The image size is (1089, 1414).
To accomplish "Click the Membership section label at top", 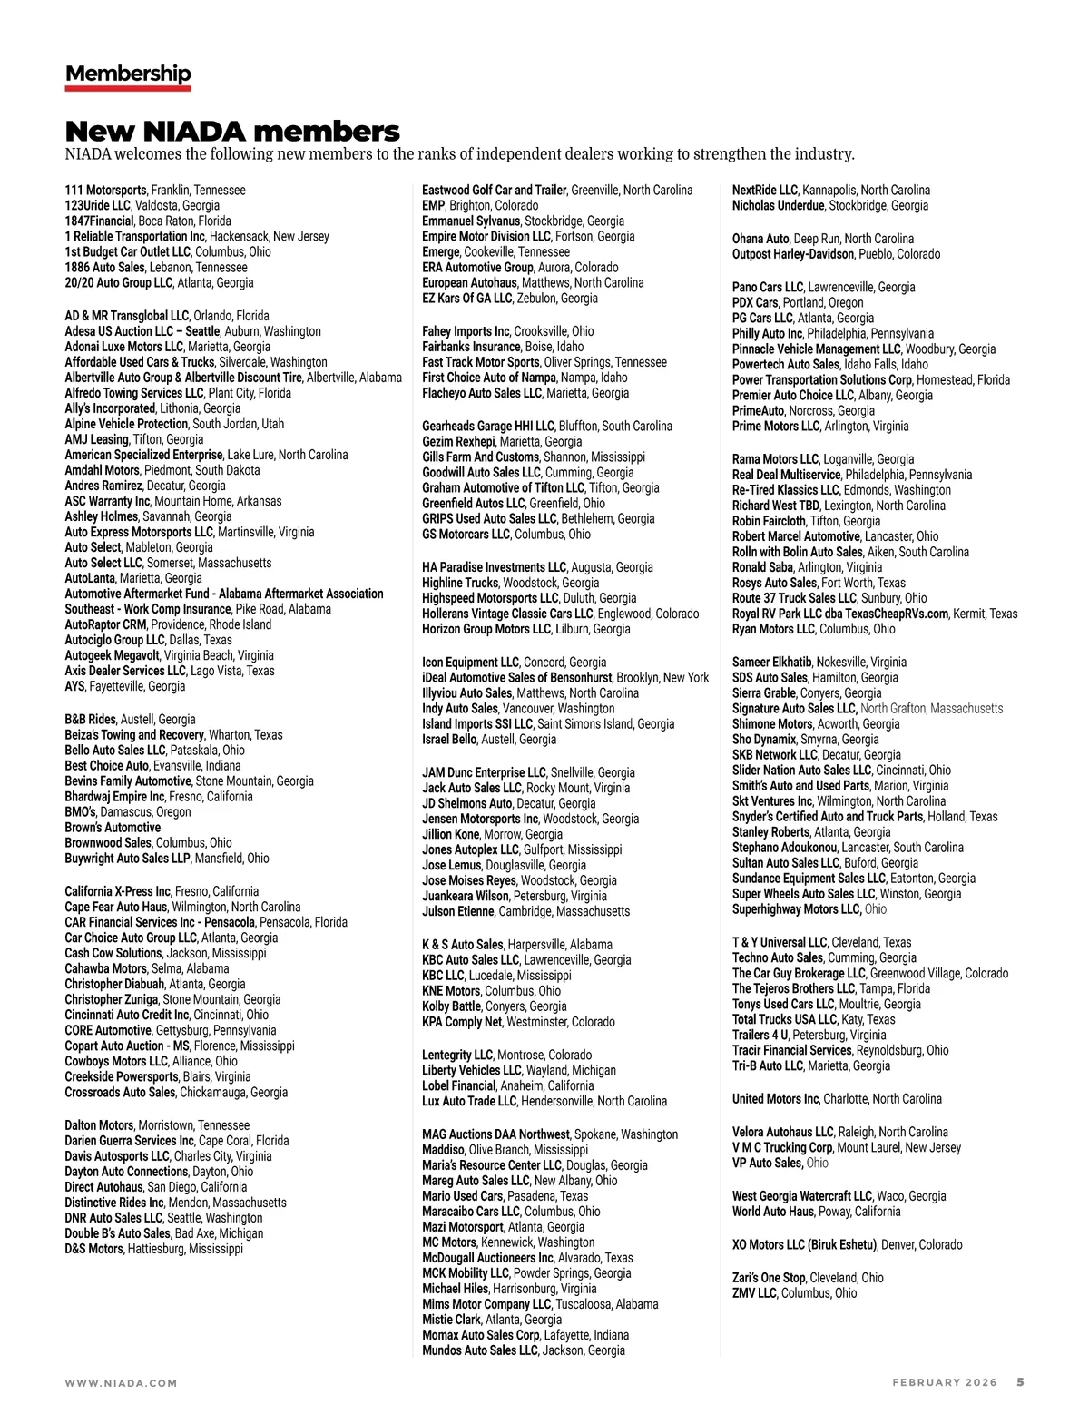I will click(128, 74).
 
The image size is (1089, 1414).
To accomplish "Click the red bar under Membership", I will click(128, 88).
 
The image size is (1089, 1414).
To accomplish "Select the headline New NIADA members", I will click(232, 131).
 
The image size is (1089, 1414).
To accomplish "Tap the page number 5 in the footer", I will click(1020, 1382).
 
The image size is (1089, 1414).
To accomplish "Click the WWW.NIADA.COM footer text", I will click(121, 1383).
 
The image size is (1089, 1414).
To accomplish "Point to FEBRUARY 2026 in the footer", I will click(944, 1383).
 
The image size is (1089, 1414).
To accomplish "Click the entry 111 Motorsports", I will click(105, 191).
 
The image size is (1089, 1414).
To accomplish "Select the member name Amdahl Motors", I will click(103, 470).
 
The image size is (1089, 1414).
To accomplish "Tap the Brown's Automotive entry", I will click(113, 828).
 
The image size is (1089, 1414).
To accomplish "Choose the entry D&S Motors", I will click(93, 1249).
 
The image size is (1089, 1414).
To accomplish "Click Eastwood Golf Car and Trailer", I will click(495, 191).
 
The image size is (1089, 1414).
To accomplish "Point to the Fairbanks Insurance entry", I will click(471, 347).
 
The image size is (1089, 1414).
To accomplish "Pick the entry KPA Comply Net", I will click(462, 1022).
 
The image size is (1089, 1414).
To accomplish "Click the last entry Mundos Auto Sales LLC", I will click(480, 1350).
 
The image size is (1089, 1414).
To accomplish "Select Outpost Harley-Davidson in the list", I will click(793, 254).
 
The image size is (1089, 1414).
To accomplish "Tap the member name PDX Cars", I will click(755, 303).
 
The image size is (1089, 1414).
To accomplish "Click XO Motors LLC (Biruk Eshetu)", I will click(804, 1245).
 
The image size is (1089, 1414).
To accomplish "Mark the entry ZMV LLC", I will click(754, 1293).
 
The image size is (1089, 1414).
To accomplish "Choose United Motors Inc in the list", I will click(775, 1099).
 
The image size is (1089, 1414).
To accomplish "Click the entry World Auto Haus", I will click(773, 1212).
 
